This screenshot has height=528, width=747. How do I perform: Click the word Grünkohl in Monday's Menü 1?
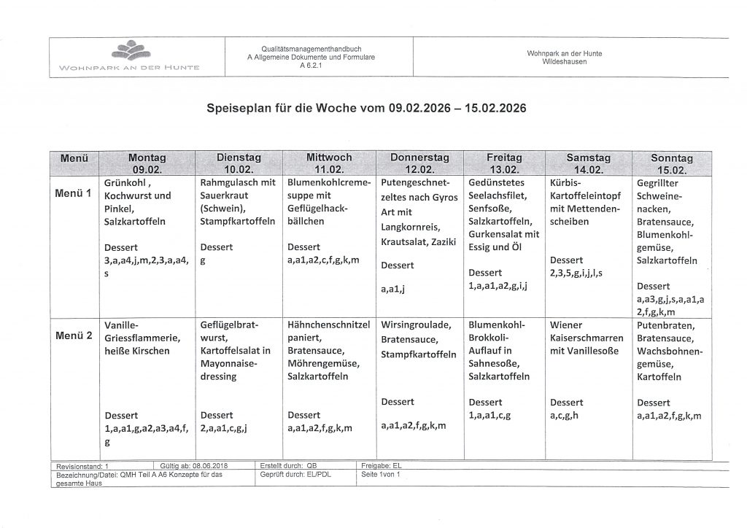pos(126,182)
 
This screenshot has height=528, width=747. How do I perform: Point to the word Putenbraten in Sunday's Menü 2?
pos(665,325)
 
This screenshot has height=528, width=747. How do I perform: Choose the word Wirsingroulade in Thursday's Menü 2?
pos(416,325)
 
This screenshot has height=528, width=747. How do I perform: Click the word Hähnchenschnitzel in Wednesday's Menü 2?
pos(329,325)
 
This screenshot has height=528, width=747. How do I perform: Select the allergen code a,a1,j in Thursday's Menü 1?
pos(393,290)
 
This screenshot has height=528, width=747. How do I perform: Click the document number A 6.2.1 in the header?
pos(311,64)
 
